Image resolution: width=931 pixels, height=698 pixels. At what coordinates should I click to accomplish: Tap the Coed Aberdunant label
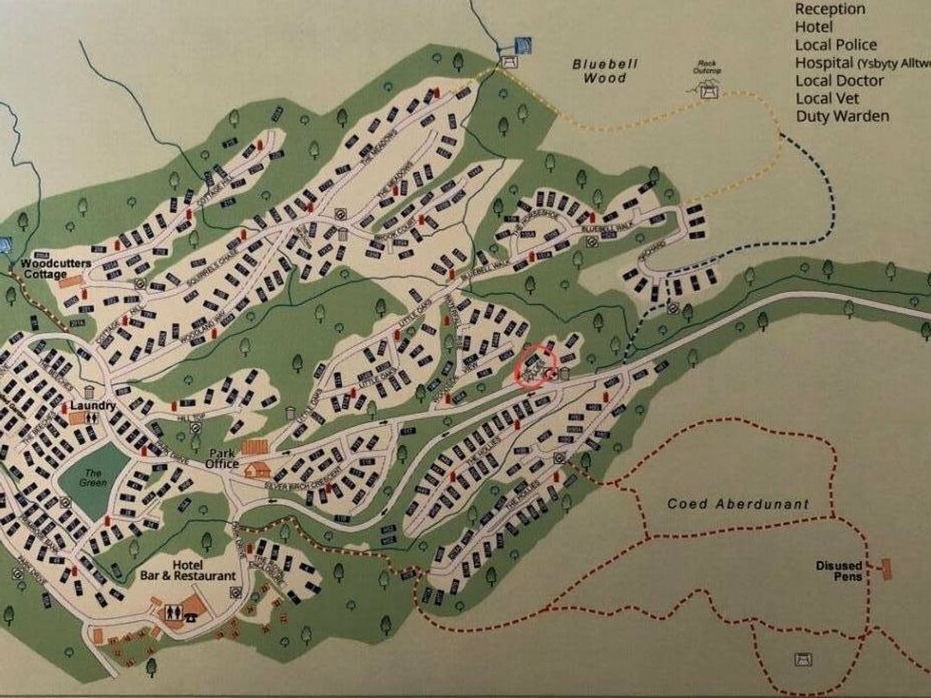[738, 504]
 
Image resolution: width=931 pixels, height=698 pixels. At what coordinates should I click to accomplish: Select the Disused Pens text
[839, 571]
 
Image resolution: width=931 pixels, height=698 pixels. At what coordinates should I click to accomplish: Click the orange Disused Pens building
[885, 568]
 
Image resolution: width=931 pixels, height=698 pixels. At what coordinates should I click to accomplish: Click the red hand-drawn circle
[535, 365]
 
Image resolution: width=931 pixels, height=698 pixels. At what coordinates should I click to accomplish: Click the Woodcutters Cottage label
[44, 268]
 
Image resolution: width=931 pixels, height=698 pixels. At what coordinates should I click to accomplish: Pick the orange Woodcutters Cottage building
[74, 281]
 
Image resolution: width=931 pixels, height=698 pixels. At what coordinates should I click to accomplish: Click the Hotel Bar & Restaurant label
[188, 569]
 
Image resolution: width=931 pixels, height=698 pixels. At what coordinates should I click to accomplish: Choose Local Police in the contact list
[836, 45]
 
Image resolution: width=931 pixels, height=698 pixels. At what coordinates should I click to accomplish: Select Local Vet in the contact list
[827, 98]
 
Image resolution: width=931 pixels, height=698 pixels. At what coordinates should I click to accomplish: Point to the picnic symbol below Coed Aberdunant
[801, 659]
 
